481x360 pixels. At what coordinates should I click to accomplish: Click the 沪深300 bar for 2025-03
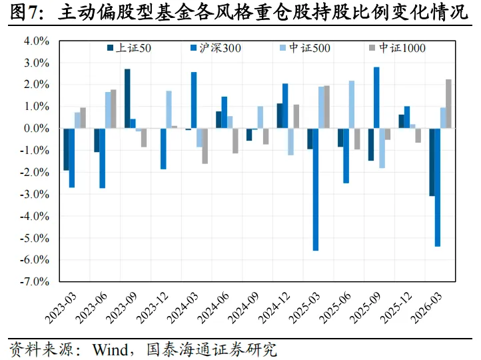pos(316,189)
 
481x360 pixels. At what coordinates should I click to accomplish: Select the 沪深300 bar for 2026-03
pos(438,187)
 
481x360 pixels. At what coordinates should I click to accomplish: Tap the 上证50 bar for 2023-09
pos(127,99)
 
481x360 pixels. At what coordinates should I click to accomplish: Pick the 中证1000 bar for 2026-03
pos(448,104)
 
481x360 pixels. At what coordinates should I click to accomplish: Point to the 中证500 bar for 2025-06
pos(352,105)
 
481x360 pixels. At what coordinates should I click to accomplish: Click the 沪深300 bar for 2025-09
pos(376,97)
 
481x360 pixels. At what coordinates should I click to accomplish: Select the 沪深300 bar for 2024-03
pos(194,101)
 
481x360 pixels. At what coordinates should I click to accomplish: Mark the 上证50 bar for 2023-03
pos(66,149)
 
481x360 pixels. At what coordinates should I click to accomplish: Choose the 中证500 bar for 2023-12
pos(169,109)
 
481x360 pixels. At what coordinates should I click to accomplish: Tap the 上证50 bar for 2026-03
pos(432,162)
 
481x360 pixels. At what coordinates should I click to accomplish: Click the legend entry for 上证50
pos(129,48)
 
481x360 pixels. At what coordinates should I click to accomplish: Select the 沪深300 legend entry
pos(216,48)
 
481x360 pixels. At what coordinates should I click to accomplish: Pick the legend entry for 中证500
pos(305,48)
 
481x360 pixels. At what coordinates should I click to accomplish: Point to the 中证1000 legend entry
pos(397,48)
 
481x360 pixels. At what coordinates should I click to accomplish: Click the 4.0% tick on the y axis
pos(37,41)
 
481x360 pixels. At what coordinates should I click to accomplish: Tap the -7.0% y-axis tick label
pos(35,281)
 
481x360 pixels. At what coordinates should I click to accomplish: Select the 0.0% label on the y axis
pos(37,128)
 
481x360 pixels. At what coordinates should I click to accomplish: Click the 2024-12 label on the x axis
pos(274,308)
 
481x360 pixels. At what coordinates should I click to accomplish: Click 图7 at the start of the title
pos(22,13)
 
